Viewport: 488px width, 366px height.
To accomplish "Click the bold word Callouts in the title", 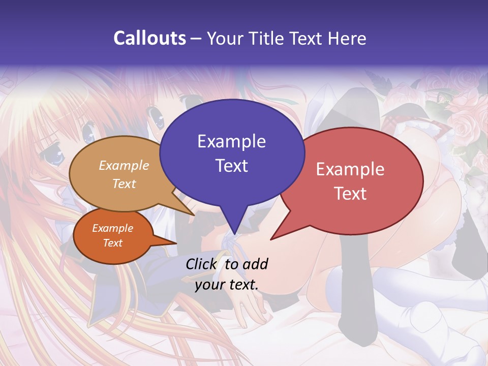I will [149, 38].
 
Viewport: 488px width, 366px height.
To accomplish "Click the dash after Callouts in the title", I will [196, 39].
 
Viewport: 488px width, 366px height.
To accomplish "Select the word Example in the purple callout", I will [231, 141].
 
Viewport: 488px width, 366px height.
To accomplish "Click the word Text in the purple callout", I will [231, 165].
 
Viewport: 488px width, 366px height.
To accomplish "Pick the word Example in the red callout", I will [350, 169].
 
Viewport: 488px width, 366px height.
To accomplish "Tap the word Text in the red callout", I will [350, 193].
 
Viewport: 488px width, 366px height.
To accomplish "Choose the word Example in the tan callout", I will [124, 165].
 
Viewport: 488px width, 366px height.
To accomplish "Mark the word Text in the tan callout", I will [124, 184].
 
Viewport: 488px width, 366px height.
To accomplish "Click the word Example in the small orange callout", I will [112, 228].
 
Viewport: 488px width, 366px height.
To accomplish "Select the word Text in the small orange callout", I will [112, 243].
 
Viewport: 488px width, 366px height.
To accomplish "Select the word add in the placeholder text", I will [256, 264].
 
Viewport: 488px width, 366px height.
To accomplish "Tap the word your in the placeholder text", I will [208, 285].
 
